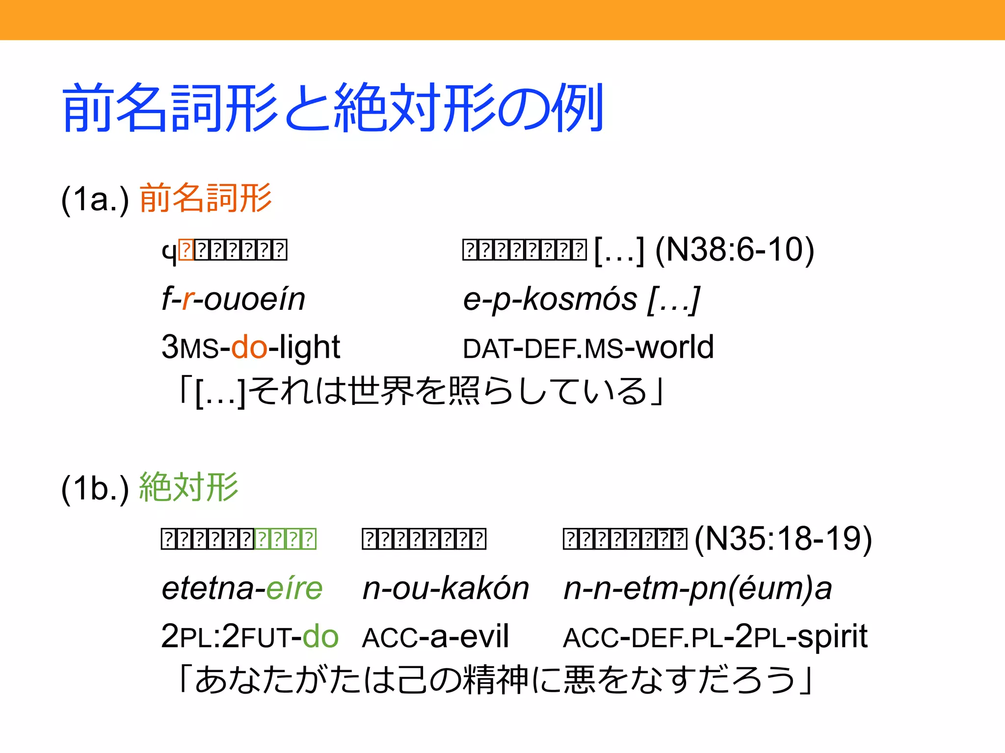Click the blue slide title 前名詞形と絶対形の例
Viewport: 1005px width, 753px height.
pyautogui.click(x=333, y=108)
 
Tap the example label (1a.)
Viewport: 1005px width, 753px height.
pyautogui.click(x=95, y=199)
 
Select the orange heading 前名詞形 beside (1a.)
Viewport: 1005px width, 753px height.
pyautogui.click(x=206, y=198)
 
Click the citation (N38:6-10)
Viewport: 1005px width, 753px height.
pyautogui.click(x=735, y=250)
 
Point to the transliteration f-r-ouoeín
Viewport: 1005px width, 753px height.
pyautogui.click(x=234, y=299)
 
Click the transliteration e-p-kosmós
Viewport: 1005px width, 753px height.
pyautogui.click(x=550, y=299)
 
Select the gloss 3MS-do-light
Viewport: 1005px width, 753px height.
pyautogui.click(x=250, y=348)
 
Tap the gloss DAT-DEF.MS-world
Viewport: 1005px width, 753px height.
pyautogui.click(x=588, y=348)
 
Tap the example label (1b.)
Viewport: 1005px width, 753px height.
pyautogui.click(x=95, y=488)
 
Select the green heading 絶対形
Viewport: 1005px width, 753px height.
pyautogui.click(x=189, y=487)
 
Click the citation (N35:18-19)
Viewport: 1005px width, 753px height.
pyautogui.click(x=783, y=539)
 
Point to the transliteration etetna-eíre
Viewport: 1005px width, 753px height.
pyautogui.click(x=242, y=588)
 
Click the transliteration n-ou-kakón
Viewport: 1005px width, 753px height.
pyautogui.click(x=446, y=588)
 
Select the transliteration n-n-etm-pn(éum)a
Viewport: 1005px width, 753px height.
pyautogui.click(x=697, y=588)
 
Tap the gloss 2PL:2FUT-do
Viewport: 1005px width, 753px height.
pyautogui.click(x=250, y=637)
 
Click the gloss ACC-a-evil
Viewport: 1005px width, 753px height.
pyautogui.click(x=435, y=637)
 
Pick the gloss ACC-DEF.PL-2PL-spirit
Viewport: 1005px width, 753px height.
pyautogui.click(x=715, y=637)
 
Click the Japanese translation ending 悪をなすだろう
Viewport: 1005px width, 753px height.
pyautogui.click(x=496, y=680)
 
